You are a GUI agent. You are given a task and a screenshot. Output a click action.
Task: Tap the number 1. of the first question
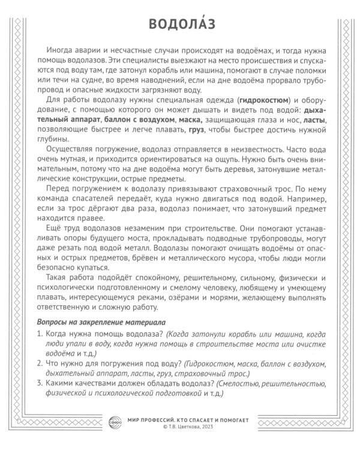[x=40, y=334]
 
